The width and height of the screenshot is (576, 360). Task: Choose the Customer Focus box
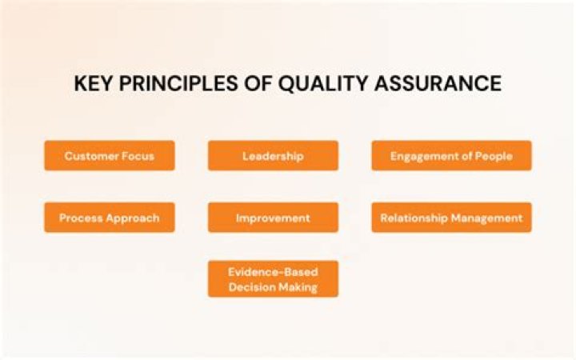coord(110,156)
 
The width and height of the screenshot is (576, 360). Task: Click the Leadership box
coord(273,156)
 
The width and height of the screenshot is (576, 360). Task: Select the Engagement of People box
coord(451,156)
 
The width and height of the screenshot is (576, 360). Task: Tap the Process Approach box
coord(110,218)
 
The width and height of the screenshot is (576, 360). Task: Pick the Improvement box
coord(273,218)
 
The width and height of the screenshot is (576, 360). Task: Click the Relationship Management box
coord(451,218)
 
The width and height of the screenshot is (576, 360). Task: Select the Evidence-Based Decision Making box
coord(273,279)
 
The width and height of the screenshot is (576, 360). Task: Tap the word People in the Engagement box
coord(494,156)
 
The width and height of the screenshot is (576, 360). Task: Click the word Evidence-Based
coord(273,272)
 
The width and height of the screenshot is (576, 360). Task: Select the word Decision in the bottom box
coord(254,287)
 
